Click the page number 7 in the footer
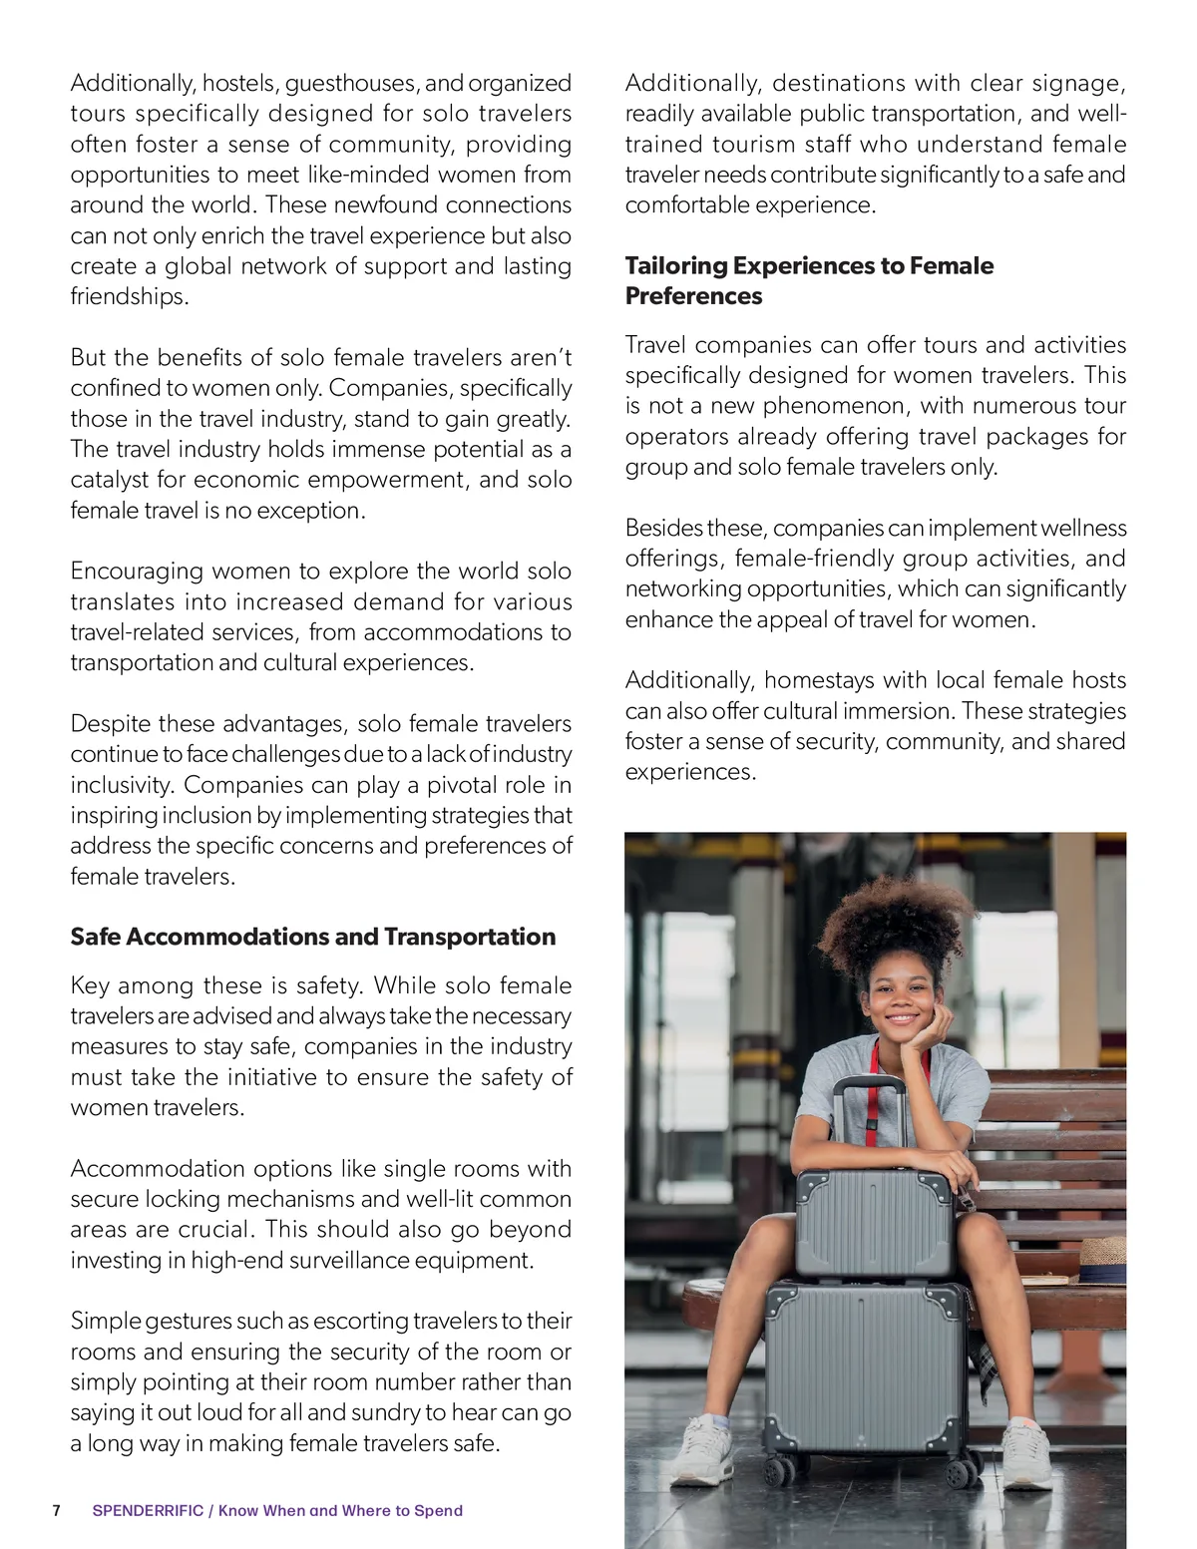tap(57, 1510)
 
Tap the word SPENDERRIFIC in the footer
tap(148, 1510)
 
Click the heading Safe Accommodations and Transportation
tap(312, 937)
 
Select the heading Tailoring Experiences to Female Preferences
tap(809, 280)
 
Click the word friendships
tap(129, 296)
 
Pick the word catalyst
tap(109, 480)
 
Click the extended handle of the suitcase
tap(869, 1107)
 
